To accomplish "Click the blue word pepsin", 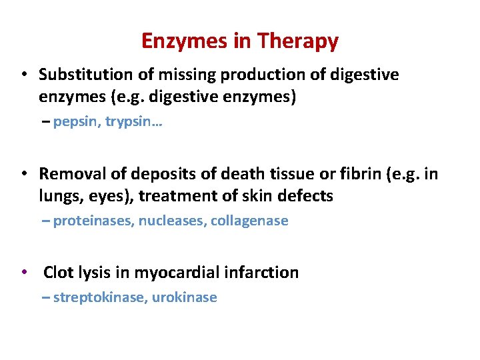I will point(74,123).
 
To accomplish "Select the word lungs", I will point(57,197).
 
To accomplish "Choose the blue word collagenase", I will point(249,221).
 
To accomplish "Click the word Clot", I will point(58,272).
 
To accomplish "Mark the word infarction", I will point(263,272).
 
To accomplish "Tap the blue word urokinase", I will point(185,297).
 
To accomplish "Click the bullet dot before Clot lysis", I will point(24,272).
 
